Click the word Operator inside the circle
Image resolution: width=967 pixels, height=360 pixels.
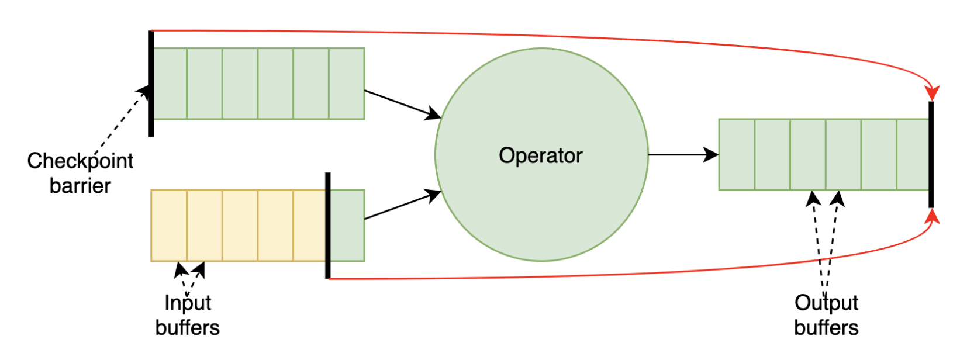(540, 155)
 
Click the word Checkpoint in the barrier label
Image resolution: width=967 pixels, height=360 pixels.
(80, 161)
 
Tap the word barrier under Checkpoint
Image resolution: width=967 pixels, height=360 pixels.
(80, 186)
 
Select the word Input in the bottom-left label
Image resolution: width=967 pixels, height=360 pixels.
(188, 303)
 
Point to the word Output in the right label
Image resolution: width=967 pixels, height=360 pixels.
(826, 303)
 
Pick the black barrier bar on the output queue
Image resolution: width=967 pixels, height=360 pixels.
(931, 154)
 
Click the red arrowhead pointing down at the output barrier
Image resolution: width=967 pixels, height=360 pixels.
(932, 94)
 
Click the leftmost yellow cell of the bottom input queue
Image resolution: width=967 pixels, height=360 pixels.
(169, 226)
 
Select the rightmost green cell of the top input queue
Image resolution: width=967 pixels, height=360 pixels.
(347, 84)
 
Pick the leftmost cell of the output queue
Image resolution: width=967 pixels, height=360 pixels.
(737, 155)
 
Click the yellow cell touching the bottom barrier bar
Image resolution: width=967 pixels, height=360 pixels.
(309, 226)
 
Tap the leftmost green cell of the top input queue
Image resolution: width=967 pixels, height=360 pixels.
(170, 84)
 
